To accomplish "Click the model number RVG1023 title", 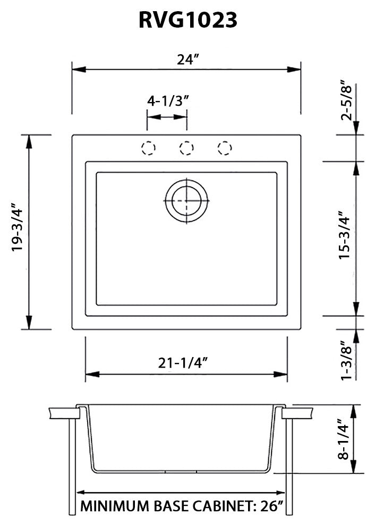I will coord(187,20).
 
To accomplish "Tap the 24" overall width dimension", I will coord(187,60).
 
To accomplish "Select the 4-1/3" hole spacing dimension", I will coord(168,101).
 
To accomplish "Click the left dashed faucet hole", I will coord(148,148).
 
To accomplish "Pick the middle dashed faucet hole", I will coord(186,148).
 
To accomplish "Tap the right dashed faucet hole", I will coord(225,148).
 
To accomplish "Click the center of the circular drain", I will coord(186,200).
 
